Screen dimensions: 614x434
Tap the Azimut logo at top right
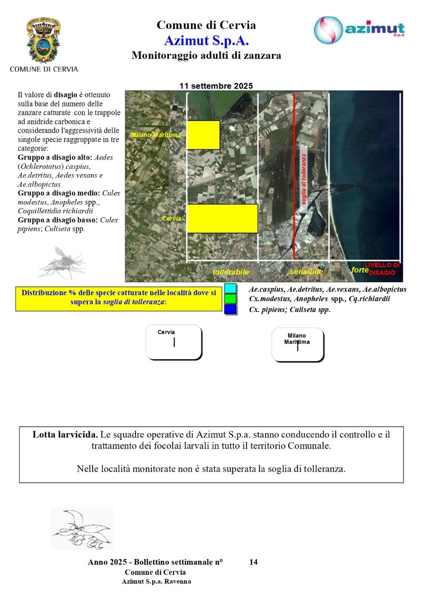click(359, 30)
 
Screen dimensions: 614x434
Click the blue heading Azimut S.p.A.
click(206, 40)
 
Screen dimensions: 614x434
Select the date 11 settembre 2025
click(216, 86)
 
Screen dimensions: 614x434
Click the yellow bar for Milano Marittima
click(203, 135)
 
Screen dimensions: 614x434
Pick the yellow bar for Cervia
click(222, 218)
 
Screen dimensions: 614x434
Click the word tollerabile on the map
click(231, 272)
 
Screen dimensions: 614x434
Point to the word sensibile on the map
click(306, 272)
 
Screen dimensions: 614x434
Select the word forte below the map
click(360, 270)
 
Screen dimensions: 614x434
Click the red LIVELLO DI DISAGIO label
click(382, 269)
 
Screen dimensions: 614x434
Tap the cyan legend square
click(231, 288)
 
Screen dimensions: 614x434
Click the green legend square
click(231, 299)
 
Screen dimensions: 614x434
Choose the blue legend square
click(231, 310)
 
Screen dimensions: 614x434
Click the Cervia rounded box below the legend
click(174, 342)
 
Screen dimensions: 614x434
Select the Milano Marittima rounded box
click(298, 344)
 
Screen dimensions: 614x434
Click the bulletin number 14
click(254, 562)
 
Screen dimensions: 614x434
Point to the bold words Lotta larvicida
click(65, 435)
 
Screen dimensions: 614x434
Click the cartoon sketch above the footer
click(82, 528)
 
